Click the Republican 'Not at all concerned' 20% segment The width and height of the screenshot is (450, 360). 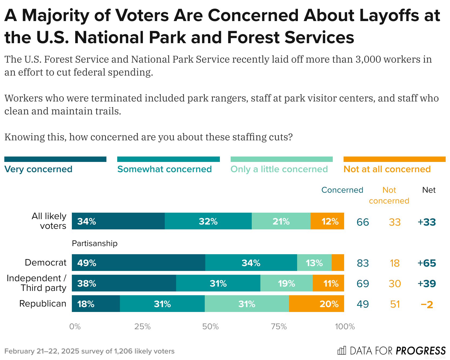click(x=316, y=304)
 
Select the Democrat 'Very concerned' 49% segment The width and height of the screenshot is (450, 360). click(x=138, y=263)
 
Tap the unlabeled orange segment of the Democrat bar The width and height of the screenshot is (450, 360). click(x=338, y=263)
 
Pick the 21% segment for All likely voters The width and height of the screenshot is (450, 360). click(x=281, y=221)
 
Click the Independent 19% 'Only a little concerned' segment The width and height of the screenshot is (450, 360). click(x=286, y=283)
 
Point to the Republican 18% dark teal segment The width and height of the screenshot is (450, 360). click(x=96, y=304)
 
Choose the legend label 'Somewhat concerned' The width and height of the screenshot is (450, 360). click(x=164, y=169)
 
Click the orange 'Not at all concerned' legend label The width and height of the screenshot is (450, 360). click(x=387, y=169)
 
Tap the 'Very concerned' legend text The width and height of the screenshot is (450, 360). click(x=38, y=169)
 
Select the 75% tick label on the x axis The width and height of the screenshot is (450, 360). click(x=278, y=327)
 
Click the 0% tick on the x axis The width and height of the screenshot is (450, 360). click(x=75, y=327)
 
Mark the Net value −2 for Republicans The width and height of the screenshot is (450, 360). click(x=427, y=304)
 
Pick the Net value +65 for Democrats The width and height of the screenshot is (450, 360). click(x=427, y=263)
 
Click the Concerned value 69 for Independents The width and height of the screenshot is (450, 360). click(x=362, y=284)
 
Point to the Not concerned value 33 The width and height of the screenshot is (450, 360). click(x=395, y=222)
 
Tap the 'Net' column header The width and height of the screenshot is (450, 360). click(x=429, y=190)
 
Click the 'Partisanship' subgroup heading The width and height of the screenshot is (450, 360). click(x=95, y=243)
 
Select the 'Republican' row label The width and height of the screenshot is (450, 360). click(x=43, y=304)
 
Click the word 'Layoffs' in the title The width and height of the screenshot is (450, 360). click(x=371, y=15)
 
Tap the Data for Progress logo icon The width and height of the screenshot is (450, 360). click(x=342, y=351)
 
